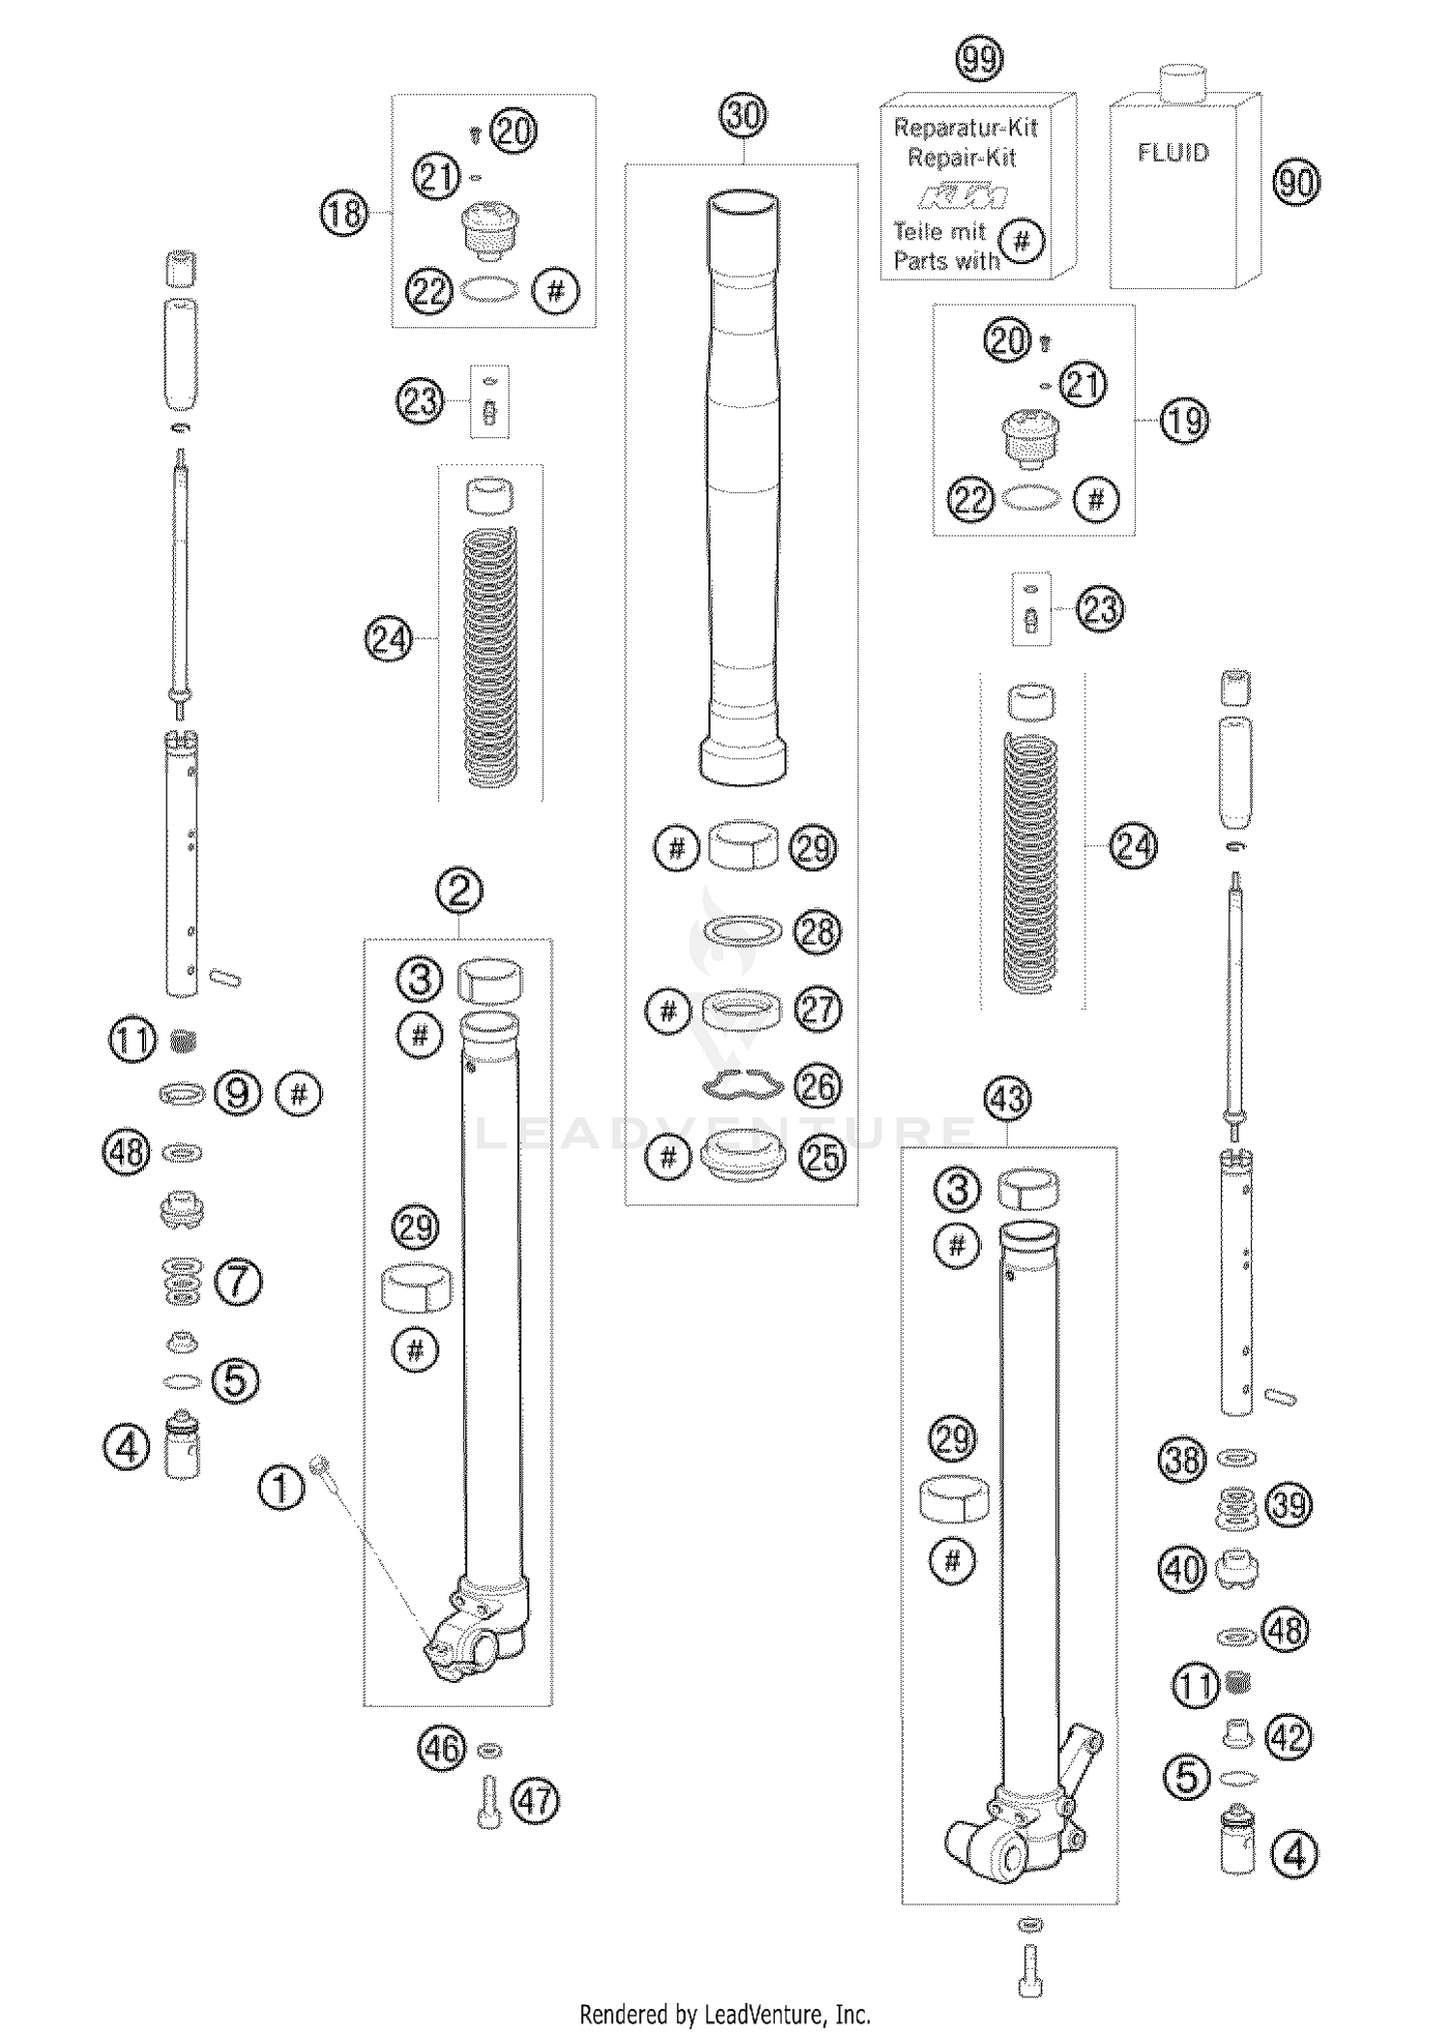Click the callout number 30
(743, 116)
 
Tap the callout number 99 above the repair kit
(979, 60)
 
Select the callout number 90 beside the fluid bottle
(1296, 182)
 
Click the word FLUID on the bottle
(1172, 153)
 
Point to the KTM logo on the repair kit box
(962, 198)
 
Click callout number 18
(344, 212)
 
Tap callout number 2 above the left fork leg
(459, 890)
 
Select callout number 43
(1008, 1100)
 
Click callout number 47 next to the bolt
(536, 1801)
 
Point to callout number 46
(442, 1749)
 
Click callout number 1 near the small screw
(281, 1488)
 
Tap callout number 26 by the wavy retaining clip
(818, 1085)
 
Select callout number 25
(821, 1158)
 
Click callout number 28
(817, 932)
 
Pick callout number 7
(239, 1282)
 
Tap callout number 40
(1182, 1569)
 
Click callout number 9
(238, 1093)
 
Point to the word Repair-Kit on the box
(962, 158)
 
